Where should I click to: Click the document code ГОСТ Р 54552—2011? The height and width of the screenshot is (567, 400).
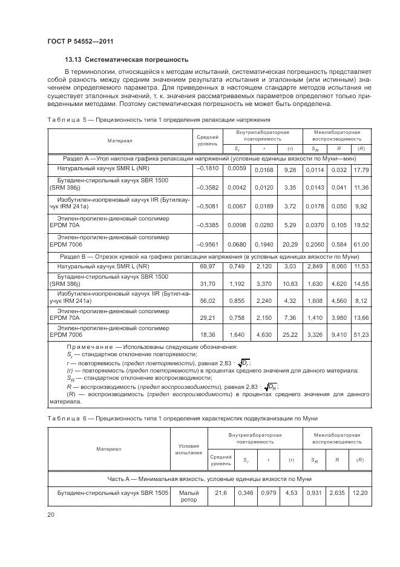[80, 41]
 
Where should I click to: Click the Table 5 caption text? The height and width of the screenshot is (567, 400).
[159, 119]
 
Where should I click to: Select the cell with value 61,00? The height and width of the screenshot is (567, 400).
[361, 243]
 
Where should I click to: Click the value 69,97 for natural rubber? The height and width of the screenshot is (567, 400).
[207, 267]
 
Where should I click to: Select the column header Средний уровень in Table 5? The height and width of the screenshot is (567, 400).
[207, 141]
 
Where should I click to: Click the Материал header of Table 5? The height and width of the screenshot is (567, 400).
[120, 141]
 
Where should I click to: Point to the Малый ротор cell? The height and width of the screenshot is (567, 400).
[189, 496]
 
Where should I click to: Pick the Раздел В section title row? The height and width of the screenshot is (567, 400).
[209, 257]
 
